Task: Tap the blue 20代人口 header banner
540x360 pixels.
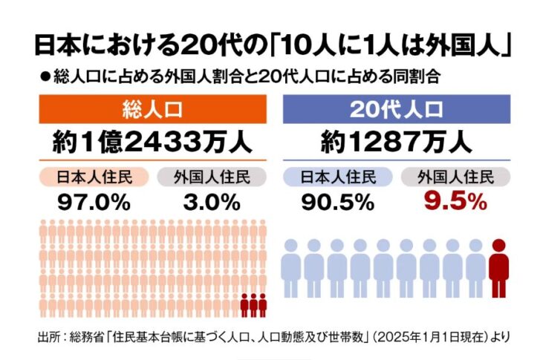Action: point(397,111)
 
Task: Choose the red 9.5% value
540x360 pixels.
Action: point(456,200)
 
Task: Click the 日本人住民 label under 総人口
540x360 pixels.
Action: point(94,177)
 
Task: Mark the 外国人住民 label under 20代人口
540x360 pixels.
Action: point(456,177)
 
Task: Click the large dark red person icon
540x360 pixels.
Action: point(500,268)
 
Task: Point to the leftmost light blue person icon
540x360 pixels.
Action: point(291,268)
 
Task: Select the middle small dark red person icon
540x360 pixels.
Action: point(253,305)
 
